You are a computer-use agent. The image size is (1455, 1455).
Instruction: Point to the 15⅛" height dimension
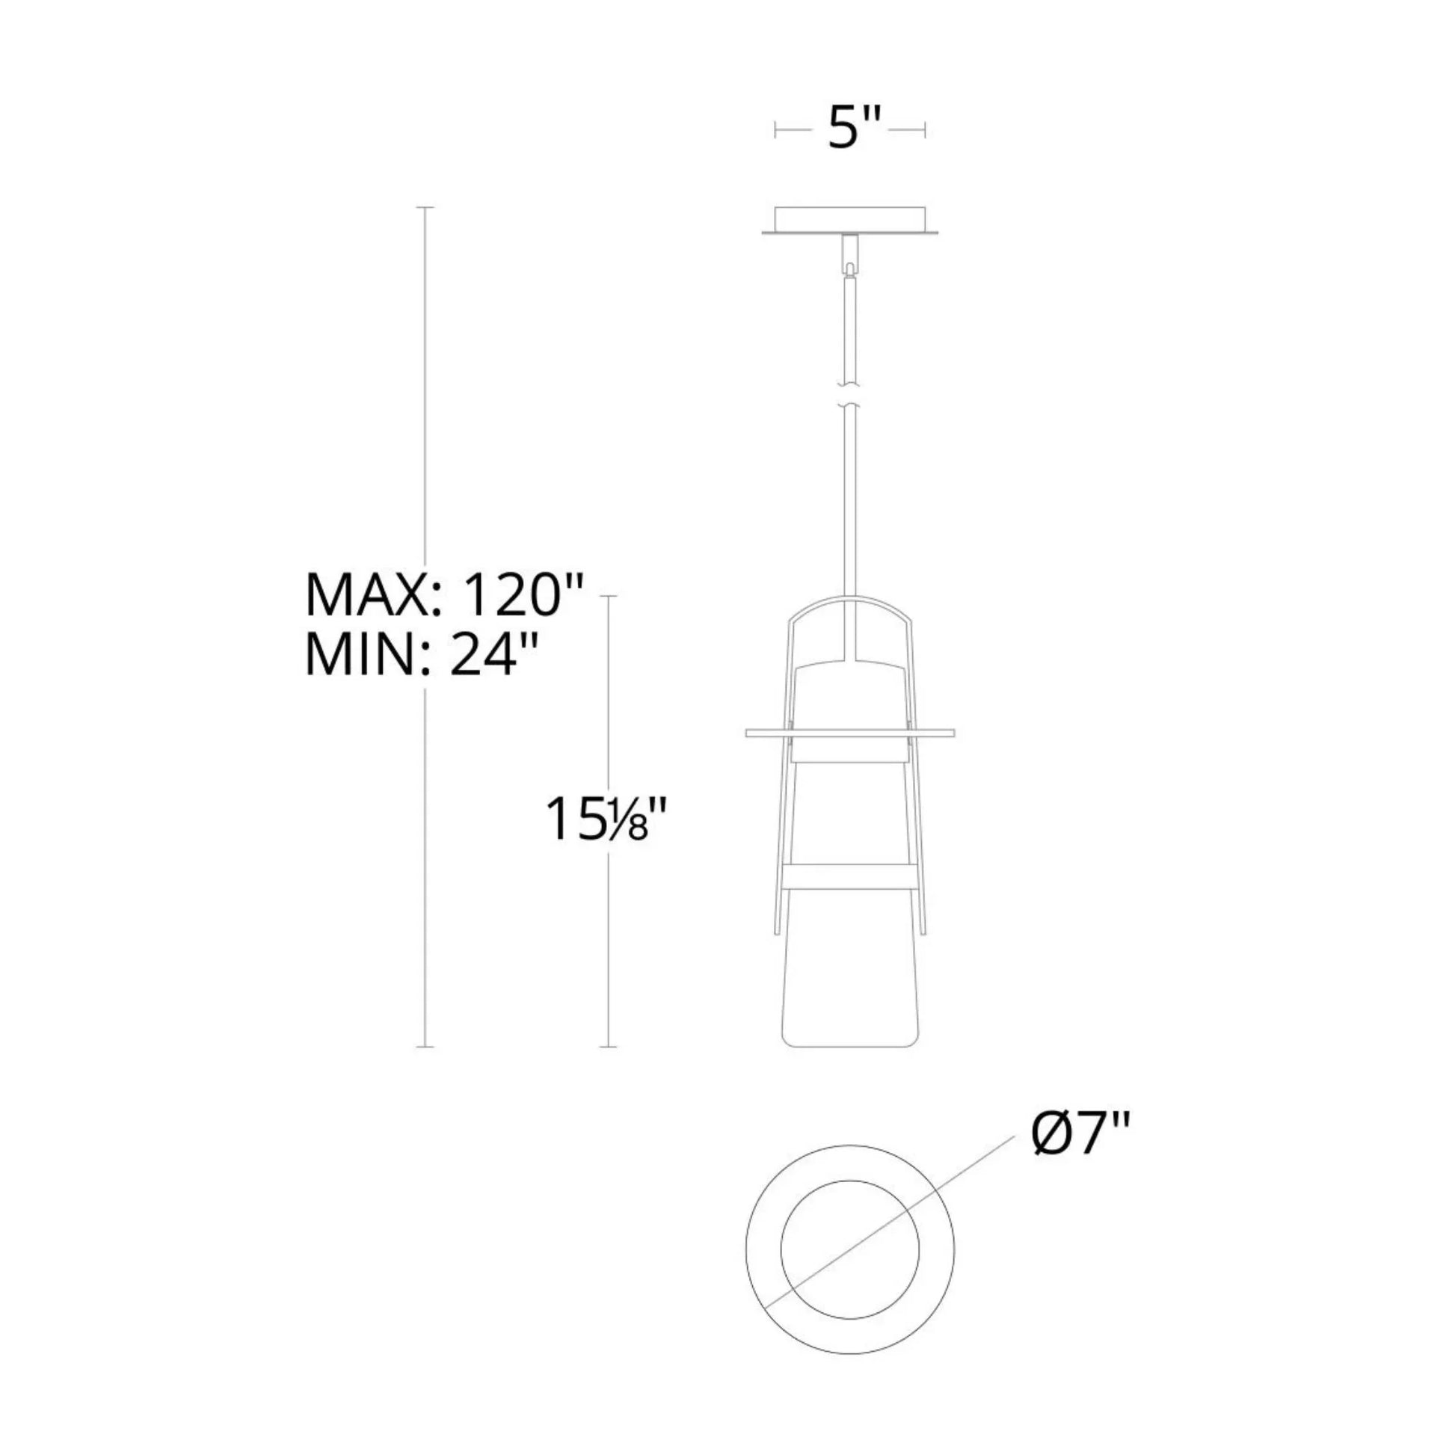click(x=607, y=819)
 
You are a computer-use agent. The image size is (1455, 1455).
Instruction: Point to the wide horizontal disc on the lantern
click(x=850, y=732)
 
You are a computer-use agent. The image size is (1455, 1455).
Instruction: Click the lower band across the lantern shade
click(x=850, y=874)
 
